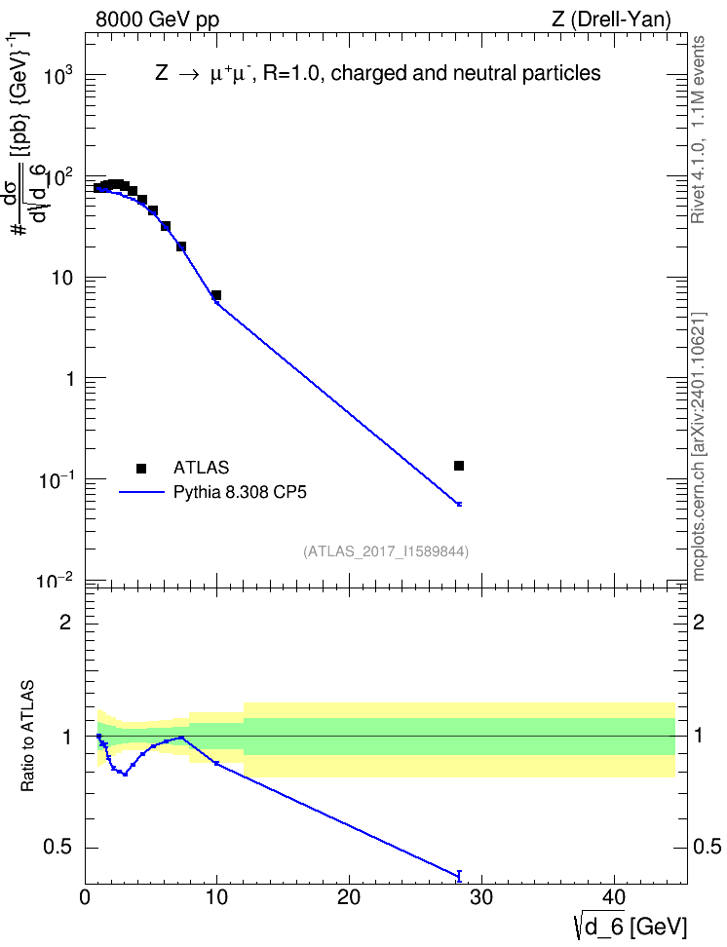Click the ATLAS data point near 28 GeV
(x=459, y=466)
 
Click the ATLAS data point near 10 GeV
(x=216, y=295)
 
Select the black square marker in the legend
(x=141, y=468)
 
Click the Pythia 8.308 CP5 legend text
(x=240, y=492)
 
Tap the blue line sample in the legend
(x=142, y=492)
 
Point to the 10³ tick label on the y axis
(x=58, y=75)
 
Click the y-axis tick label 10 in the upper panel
(x=62, y=278)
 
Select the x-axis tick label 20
(x=349, y=897)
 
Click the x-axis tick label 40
(x=614, y=897)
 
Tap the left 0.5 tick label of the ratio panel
(x=58, y=848)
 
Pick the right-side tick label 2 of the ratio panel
(x=699, y=622)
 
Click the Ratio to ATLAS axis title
(x=27, y=736)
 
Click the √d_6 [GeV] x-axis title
(x=631, y=926)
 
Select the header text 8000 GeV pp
(x=157, y=19)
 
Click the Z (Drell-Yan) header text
(x=611, y=19)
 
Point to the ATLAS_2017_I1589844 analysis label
(x=386, y=550)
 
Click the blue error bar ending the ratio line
(x=459, y=876)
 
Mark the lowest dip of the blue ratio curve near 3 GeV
(x=125, y=774)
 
